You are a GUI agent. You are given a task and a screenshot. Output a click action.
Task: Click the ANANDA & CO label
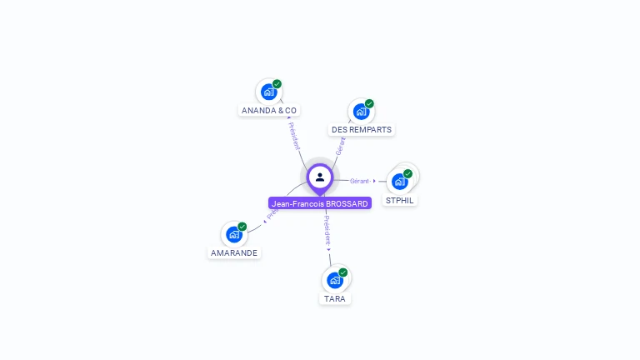click(x=269, y=110)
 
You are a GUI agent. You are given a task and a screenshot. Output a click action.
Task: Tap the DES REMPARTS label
click(x=361, y=130)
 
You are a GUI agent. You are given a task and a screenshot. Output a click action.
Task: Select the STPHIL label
click(x=400, y=201)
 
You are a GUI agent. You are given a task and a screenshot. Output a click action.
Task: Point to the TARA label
click(x=335, y=298)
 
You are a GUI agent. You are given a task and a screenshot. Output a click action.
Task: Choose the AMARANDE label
click(x=234, y=252)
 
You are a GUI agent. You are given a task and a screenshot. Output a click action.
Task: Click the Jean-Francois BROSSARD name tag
click(x=320, y=203)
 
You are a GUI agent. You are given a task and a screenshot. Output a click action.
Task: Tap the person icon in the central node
click(x=320, y=177)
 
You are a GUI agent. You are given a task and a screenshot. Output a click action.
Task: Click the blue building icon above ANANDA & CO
click(x=267, y=92)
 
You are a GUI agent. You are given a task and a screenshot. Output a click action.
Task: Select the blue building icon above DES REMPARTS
click(x=360, y=112)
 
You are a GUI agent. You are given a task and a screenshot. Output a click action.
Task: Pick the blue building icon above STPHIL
click(x=399, y=182)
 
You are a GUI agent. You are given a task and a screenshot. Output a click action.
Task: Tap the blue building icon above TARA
click(x=334, y=280)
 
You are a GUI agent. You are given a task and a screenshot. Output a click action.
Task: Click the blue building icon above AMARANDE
click(x=233, y=234)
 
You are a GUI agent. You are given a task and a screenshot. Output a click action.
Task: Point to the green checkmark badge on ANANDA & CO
click(x=277, y=84)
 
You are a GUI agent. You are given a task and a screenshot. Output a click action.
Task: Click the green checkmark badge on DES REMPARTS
click(x=369, y=104)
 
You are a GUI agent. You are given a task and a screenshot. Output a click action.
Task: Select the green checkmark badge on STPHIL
click(x=407, y=173)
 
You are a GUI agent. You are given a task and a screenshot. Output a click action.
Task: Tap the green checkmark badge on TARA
click(x=342, y=272)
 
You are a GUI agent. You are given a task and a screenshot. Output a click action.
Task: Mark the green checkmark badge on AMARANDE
click(x=242, y=227)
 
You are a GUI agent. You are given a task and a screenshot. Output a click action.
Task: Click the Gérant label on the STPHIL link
click(x=360, y=181)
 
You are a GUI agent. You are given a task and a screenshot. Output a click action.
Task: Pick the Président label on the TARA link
click(x=327, y=229)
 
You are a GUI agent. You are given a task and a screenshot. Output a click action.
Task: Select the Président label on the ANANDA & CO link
click(x=294, y=136)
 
